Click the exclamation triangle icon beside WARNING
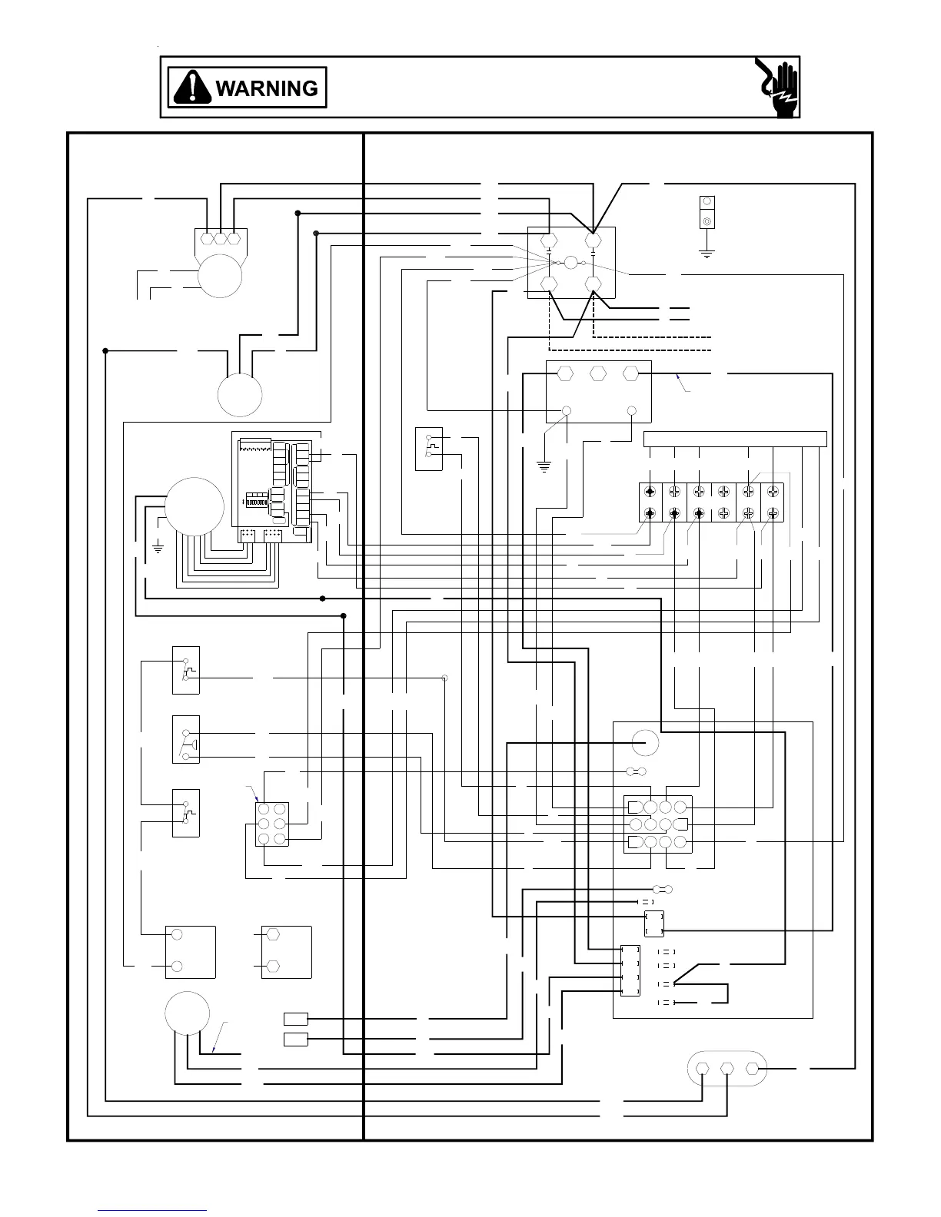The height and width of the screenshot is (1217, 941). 193,88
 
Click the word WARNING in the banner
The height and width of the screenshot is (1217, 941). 267,88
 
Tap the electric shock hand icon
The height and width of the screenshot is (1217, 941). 777,88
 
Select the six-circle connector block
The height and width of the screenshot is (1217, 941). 272,824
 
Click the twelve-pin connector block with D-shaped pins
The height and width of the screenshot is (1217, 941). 657,824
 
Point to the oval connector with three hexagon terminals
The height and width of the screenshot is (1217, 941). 726,1068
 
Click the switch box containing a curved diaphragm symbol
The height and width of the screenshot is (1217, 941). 186,739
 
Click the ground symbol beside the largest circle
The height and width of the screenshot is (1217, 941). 158,547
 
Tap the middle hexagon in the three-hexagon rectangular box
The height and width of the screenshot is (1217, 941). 597,373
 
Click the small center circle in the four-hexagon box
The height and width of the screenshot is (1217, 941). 570,263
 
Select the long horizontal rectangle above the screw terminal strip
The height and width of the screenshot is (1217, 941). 734,439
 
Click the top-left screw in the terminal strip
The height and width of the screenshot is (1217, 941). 650,492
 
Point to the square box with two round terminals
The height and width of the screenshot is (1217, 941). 191,951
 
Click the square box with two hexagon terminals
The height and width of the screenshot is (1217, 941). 286,951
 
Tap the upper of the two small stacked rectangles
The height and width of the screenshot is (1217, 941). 296,1019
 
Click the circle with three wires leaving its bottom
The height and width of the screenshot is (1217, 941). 188,1013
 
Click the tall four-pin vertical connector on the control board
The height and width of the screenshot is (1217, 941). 630,971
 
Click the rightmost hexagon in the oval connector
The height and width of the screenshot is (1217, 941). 753,1068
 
